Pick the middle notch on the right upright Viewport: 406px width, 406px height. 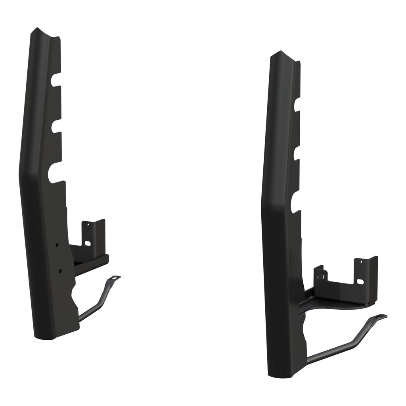point(295,153)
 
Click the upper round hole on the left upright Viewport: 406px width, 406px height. point(58,245)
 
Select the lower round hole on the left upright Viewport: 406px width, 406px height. point(59,271)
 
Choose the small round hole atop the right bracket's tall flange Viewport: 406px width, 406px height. point(360,262)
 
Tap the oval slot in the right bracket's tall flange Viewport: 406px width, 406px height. point(360,282)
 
